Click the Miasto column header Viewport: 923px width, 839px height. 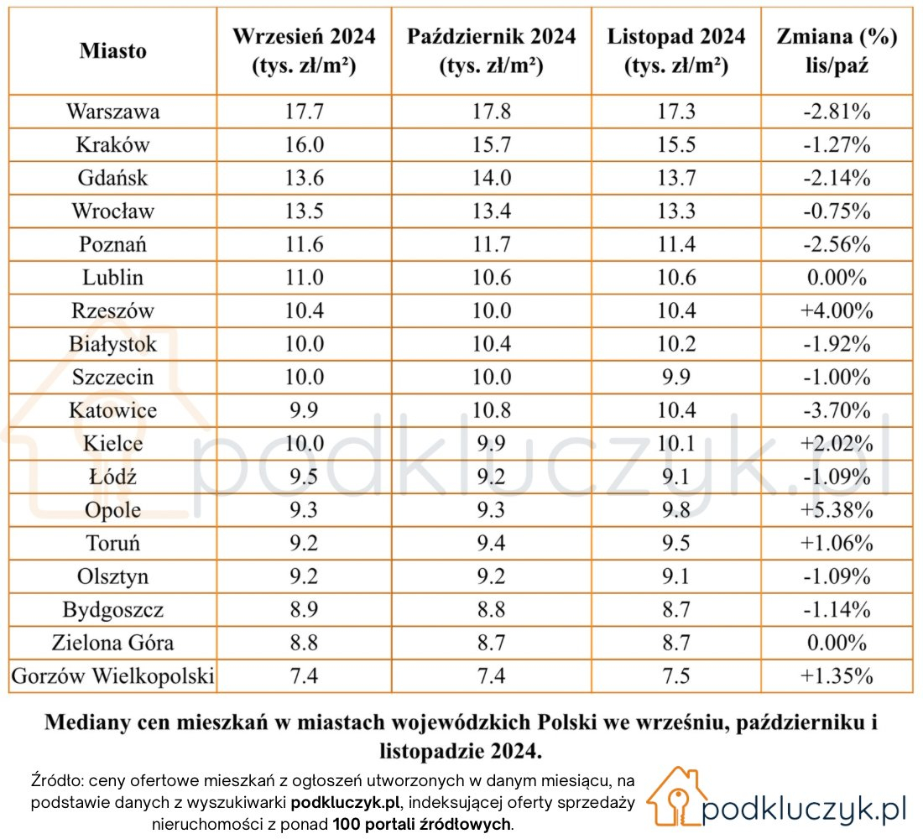pos(113,50)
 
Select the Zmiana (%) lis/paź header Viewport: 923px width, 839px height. pos(837,50)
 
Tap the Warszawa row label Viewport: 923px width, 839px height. pos(113,112)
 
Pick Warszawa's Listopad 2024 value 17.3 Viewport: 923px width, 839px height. pos(676,112)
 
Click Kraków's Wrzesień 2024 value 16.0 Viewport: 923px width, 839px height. pos(305,145)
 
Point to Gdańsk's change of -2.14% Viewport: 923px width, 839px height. pos(837,178)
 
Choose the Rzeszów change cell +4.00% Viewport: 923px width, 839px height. pos(837,310)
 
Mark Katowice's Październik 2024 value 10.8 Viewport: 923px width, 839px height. pos(492,409)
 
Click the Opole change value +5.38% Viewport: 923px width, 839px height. pos(837,510)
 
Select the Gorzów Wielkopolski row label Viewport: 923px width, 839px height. pos(113,676)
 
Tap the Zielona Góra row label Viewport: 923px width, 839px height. pos(113,643)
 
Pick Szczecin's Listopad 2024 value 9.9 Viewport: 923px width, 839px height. pos(676,377)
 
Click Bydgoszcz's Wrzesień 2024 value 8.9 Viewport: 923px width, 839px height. pos(305,609)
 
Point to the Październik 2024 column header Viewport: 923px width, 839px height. pos(492,50)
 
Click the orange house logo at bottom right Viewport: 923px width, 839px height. pos(675,796)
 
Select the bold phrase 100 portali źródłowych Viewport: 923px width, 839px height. pos(421,824)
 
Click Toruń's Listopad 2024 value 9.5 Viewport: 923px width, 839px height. pos(676,543)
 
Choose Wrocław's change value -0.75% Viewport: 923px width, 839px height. pos(837,211)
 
